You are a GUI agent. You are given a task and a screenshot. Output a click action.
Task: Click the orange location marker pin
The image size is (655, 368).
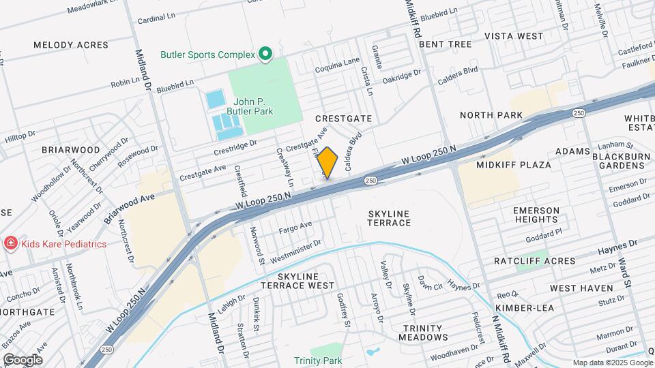click(327, 163)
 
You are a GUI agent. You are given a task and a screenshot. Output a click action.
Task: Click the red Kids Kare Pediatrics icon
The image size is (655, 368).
click(11, 243)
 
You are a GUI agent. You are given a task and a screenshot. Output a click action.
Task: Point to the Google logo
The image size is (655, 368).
click(23, 359)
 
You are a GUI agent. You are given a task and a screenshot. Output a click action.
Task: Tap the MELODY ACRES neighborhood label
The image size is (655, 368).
click(71, 45)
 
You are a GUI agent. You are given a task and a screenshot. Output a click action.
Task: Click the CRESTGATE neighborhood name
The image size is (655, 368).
click(344, 119)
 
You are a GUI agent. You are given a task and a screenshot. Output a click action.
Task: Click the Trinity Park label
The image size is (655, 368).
click(317, 360)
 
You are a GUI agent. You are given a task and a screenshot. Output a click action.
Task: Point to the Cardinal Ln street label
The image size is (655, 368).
click(158, 20)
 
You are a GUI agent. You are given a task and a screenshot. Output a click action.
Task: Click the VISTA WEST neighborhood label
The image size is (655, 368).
click(514, 35)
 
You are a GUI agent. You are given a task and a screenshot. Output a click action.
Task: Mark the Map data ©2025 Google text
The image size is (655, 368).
click(612, 363)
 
